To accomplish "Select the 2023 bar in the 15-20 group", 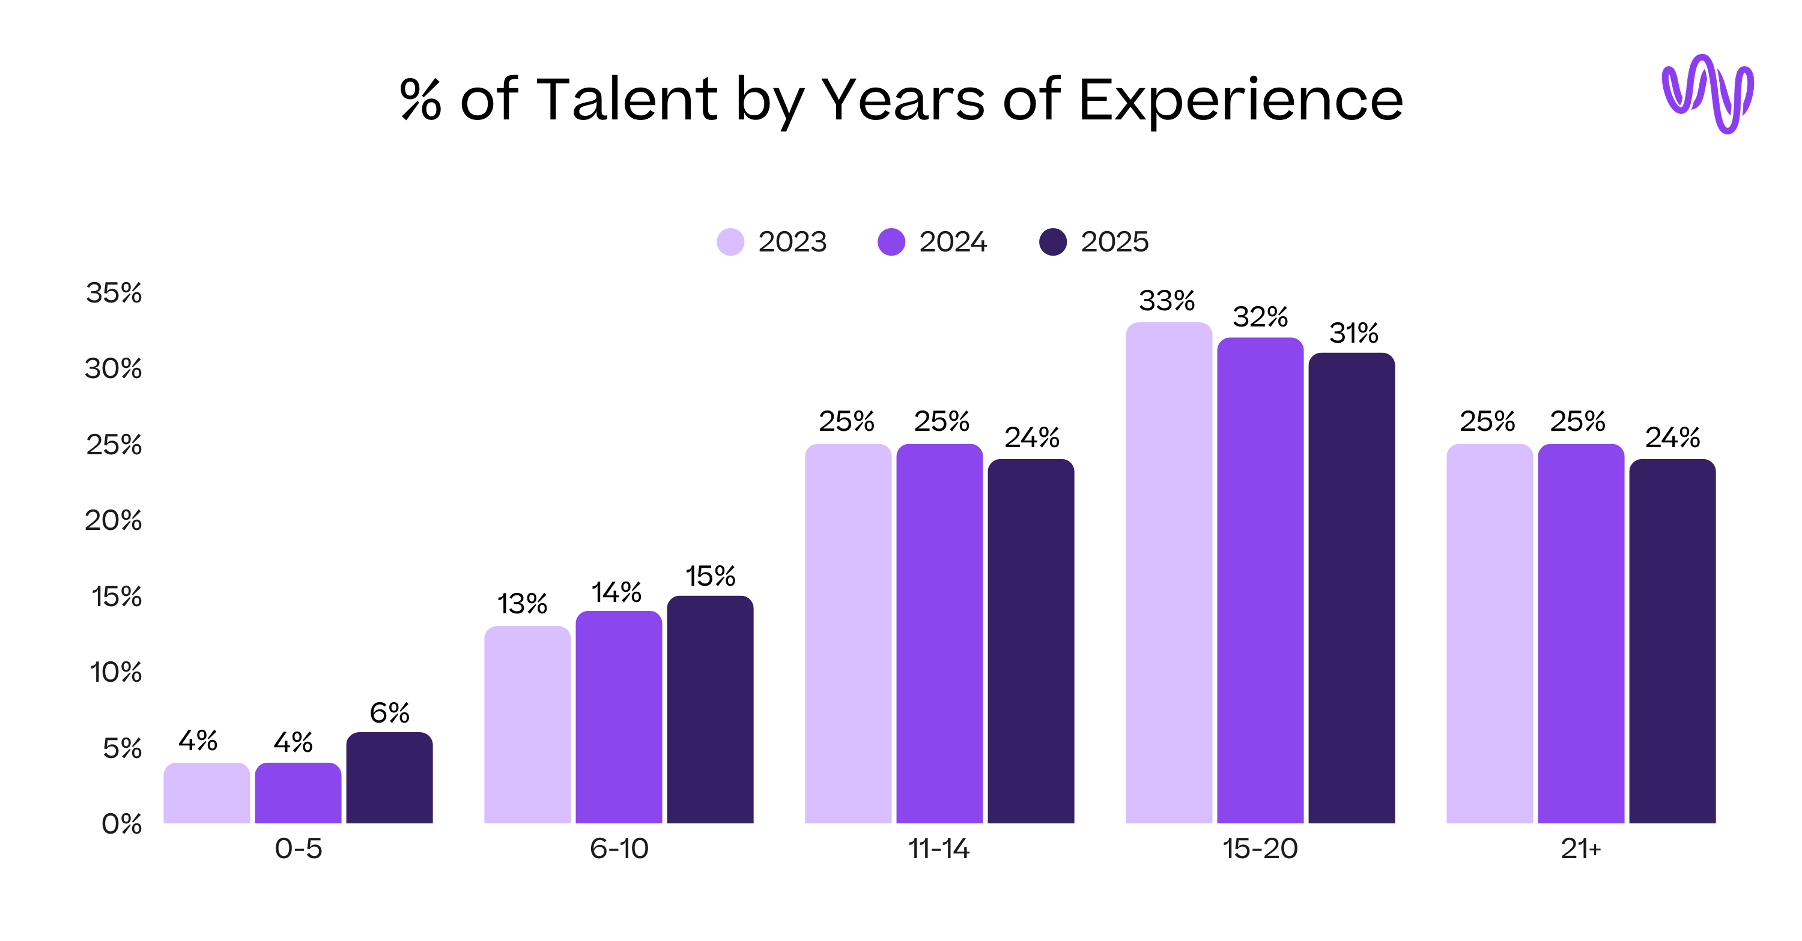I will [1168, 573].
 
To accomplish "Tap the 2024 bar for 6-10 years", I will [619, 717].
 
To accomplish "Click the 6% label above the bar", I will [389, 713].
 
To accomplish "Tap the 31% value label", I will [1353, 334].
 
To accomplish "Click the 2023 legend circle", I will [730, 242].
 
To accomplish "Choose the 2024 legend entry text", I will [952, 242].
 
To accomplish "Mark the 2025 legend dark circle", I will [1053, 242].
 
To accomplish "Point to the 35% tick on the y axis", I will [114, 293].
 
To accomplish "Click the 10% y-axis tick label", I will [115, 673].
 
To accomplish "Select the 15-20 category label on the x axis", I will [1259, 849].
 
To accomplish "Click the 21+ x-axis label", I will [1580, 849].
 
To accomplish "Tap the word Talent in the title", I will [626, 98].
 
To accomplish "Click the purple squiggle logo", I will [1708, 94].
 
